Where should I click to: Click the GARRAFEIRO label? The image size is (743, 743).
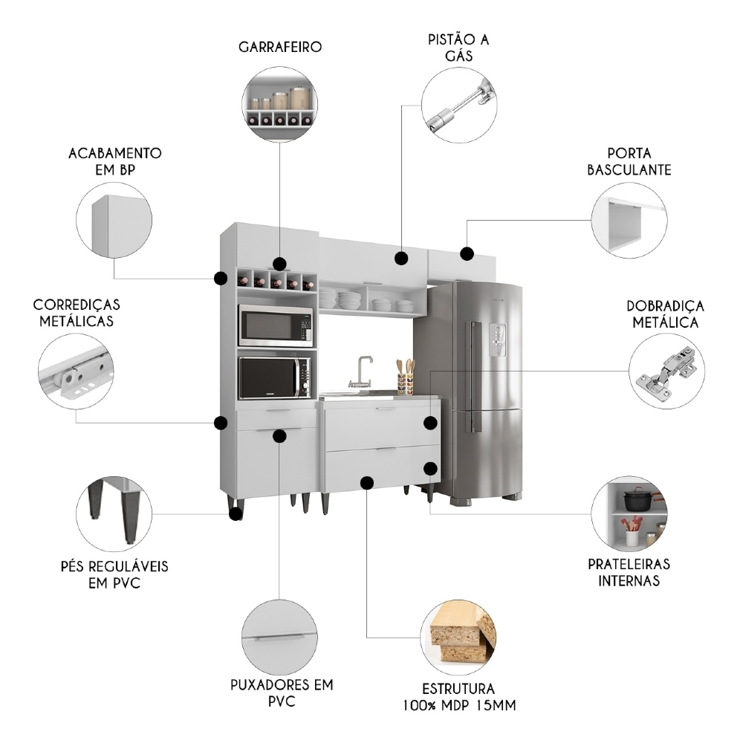[280, 47]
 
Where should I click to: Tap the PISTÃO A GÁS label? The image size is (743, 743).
[458, 48]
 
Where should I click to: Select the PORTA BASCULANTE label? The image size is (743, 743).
[629, 161]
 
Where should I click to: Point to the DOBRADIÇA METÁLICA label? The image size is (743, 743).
[665, 314]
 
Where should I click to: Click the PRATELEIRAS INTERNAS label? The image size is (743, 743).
[629, 572]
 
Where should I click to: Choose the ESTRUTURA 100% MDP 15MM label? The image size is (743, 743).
[458, 697]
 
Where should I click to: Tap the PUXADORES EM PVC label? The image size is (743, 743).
[282, 692]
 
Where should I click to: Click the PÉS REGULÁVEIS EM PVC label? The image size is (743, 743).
[114, 574]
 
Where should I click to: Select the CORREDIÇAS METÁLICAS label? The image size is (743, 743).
[77, 313]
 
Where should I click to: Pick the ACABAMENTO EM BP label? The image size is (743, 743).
[114, 161]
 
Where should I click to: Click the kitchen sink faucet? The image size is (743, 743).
[362, 372]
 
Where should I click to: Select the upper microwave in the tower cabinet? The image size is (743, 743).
[276, 325]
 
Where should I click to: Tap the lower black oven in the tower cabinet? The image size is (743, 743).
[275, 377]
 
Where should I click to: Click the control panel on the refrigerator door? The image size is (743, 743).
[498, 340]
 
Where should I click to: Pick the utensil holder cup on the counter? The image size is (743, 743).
[405, 384]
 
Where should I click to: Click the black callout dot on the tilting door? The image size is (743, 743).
[467, 253]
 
